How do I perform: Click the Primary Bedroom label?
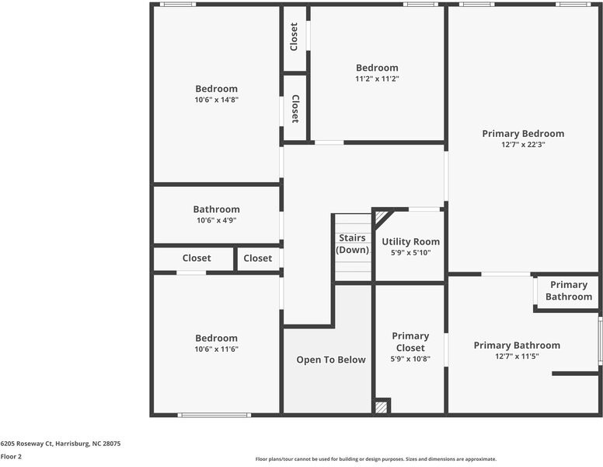523,134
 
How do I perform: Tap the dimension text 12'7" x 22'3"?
523,144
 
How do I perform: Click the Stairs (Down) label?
353,244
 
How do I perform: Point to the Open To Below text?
331,360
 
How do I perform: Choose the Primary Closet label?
410,342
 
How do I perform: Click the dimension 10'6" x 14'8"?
216,100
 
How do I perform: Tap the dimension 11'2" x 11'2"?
377,79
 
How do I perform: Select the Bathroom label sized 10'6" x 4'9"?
216,209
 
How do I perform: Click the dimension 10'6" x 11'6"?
216,349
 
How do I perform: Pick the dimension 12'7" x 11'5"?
517,356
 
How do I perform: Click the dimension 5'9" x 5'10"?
410,253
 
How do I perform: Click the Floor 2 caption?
11,457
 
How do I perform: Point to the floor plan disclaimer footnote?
376,459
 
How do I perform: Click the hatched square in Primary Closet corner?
381,406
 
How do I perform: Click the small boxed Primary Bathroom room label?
568,290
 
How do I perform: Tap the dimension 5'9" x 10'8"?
410,359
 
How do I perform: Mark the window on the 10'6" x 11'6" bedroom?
214,414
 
